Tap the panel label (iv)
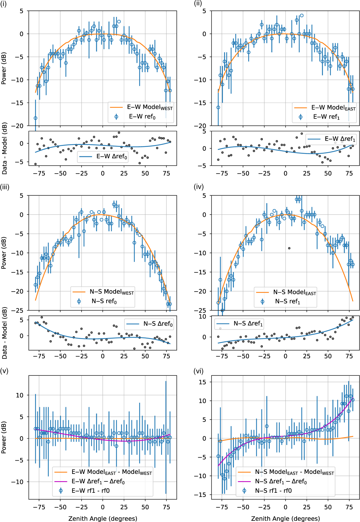tap(199, 187)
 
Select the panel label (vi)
tap(198, 371)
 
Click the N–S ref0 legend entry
tap(104, 301)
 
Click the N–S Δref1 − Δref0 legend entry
tap(281, 481)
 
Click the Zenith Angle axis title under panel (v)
tap(103, 518)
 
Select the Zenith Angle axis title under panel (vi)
tap(285, 518)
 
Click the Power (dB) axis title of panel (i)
tap(4, 68)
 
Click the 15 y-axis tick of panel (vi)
tap(202, 382)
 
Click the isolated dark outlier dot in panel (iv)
tap(289, 248)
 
